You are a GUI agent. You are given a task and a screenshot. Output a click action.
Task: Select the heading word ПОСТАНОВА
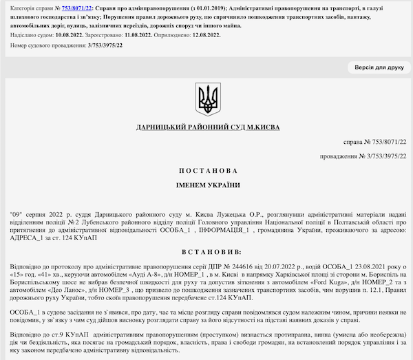206,170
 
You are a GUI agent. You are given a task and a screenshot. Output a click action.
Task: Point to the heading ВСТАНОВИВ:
206,252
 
